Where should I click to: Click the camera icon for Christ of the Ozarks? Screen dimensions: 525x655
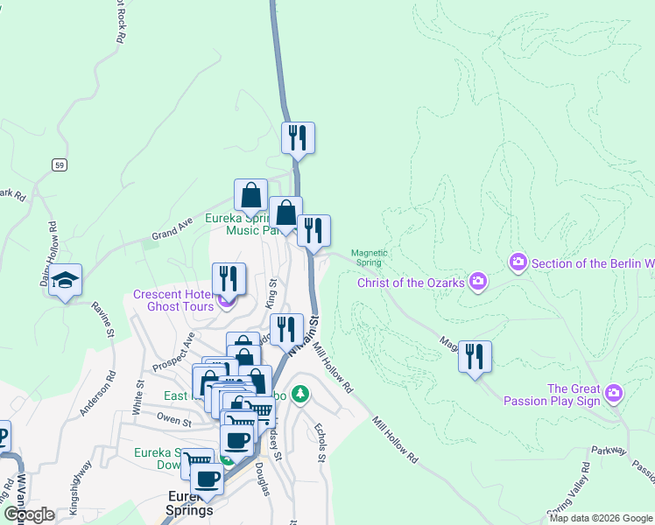[478, 281]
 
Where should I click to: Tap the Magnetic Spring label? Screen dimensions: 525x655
[370, 257]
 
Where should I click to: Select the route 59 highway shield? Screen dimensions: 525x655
[59, 164]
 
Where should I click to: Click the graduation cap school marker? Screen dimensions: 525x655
[66, 281]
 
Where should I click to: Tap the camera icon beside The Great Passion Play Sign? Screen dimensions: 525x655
[614, 394]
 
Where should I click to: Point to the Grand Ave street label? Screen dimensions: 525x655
[172, 228]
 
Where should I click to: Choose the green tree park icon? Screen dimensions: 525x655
[300, 395]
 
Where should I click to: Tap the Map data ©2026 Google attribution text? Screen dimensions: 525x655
[601, 518]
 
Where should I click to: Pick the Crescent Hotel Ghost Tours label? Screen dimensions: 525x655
[173, 300]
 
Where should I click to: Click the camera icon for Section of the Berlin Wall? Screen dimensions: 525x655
[518, 262]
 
